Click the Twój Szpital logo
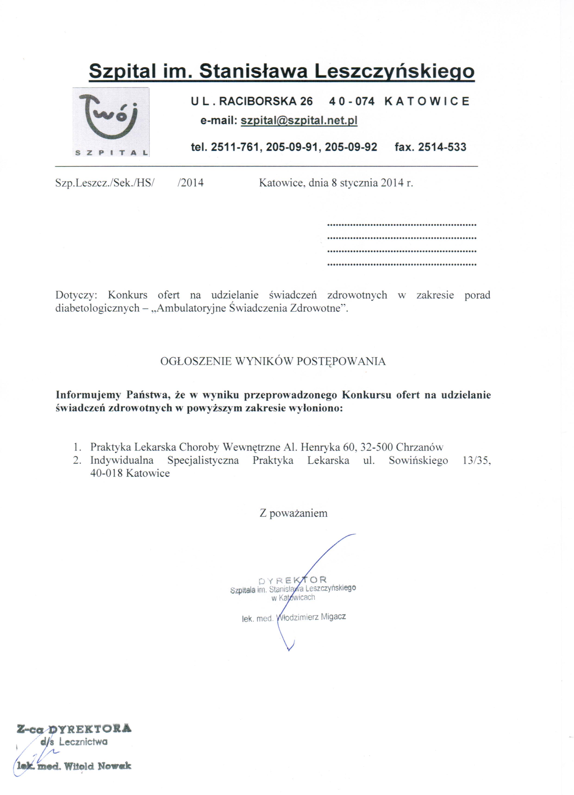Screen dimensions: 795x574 [111, 122]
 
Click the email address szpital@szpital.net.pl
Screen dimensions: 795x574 [299, 121]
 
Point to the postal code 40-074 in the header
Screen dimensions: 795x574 [352, 101]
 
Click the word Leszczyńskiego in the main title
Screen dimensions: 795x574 [394, 71]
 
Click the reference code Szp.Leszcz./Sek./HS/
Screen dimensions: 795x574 [105, 183]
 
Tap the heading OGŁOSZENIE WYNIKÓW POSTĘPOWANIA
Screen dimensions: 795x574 [273, 361]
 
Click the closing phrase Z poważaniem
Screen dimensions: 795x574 [293, 513]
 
